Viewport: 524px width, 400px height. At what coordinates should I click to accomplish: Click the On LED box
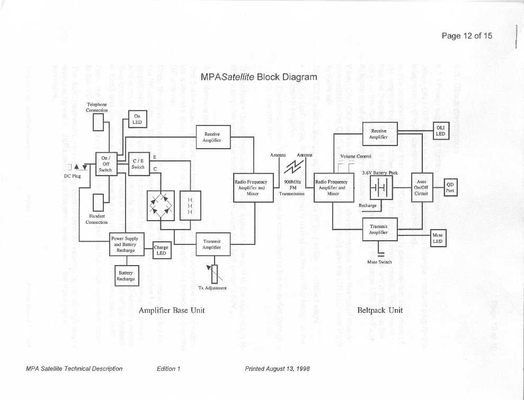click(137, 119)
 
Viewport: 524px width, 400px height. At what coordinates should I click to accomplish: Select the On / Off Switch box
click(105, 163)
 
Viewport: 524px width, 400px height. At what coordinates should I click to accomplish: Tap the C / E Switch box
click(138, 163)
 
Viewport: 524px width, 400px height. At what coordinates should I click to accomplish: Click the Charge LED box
click(161, 251)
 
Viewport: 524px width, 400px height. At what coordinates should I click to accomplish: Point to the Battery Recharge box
click(126, 276)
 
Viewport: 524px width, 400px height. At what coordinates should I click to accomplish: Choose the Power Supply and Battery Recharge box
click(125, 244)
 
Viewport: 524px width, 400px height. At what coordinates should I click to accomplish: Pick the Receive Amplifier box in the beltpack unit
click(379, 133)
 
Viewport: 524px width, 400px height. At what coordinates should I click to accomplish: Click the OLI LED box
click(439, 130)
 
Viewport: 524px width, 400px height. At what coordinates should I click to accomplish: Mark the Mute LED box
click(438, 238)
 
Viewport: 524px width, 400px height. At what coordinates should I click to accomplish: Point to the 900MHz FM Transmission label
click(292, 187)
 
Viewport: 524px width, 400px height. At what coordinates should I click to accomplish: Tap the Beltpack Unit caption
click(380, 311)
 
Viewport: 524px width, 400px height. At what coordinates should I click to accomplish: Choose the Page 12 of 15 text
click(467, 35)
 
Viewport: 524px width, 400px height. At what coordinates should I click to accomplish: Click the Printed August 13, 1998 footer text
click(277, 369)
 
